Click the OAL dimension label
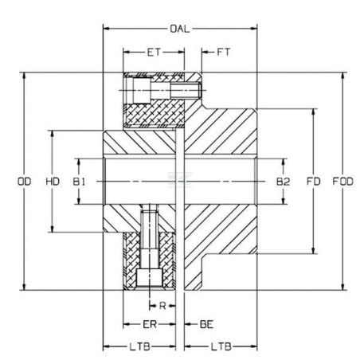click(180, 29)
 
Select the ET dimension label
click(154, 53)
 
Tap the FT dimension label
click(224, 52)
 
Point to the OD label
click(24, 182)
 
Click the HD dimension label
click(53, 182)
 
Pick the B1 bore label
click(79, 182)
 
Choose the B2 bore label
click(283, 182)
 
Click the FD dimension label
click(314, 182)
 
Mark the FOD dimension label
click(343, 182)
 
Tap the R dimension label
click(162, 306)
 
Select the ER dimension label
click(150, 324)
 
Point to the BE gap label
click(206, 324)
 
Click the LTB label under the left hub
click(140, 346)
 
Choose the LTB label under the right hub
click(221, 346)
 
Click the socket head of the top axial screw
click(142, 91)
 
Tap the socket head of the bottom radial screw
click(150, 278)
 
